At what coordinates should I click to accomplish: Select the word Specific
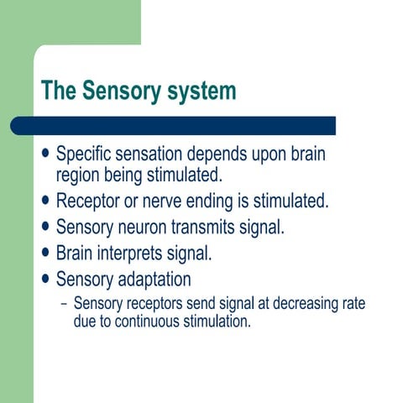coord(86,156)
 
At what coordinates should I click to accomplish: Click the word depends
coord(232,156)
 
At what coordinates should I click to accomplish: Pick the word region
coord(79,175)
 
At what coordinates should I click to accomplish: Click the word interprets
coord(142,253)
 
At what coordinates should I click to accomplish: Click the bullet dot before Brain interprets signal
coord(45,253)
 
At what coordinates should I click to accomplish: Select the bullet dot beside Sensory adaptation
coord(45,278)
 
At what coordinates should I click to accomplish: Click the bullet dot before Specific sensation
coord(45,156)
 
